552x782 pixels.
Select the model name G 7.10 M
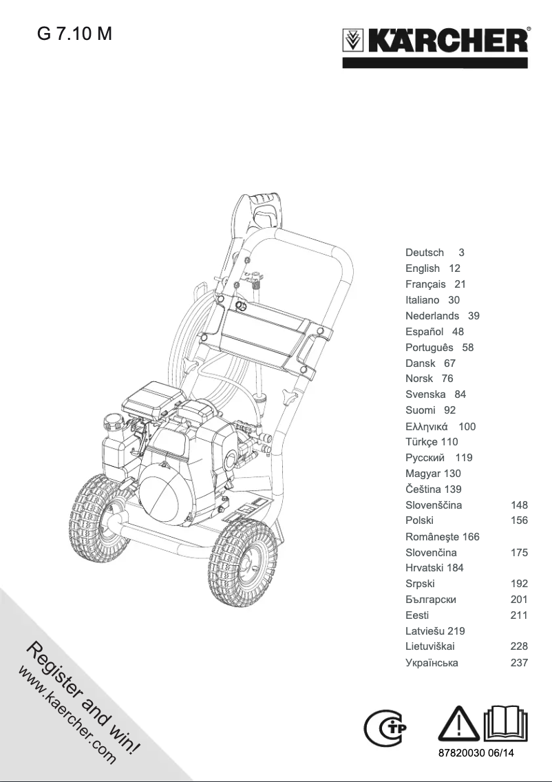tap(74, 34)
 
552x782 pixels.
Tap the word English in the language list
tap(423, 268)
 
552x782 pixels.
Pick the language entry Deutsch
tap(425, 253)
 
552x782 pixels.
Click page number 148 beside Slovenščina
tap(519, 505)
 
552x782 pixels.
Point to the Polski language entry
tap(419, 521)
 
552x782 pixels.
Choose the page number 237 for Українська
tap(519, 663)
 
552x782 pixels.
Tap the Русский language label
tap(429, 458)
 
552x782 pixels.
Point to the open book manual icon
tap(507, 723)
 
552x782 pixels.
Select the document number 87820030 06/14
tap(476, 754)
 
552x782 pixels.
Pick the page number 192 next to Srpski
tap(519, 584)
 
